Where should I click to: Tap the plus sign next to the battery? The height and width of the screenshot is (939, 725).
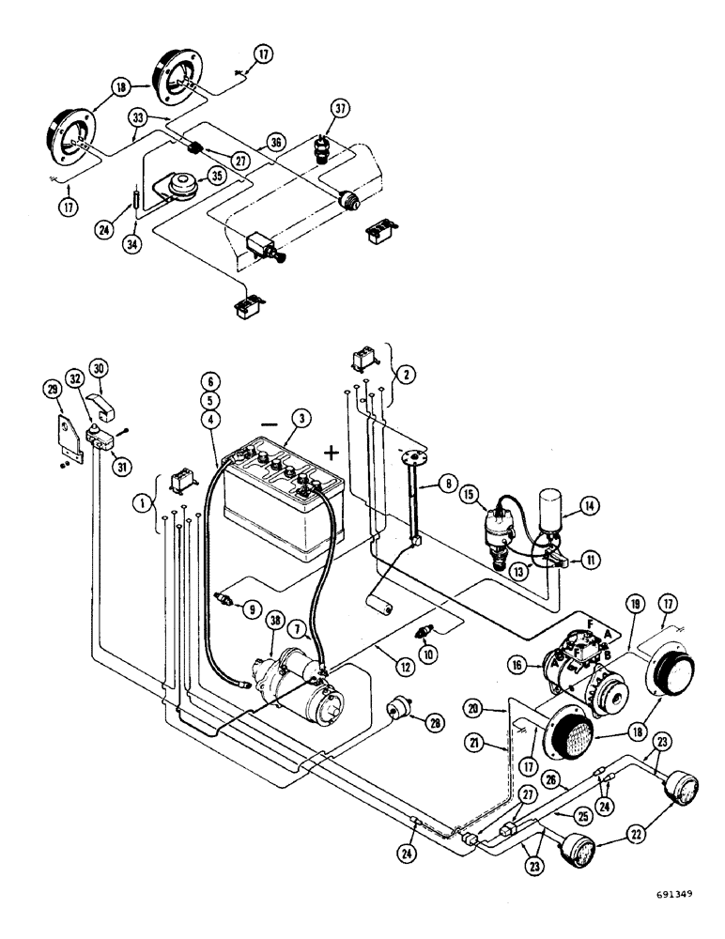click(331, 453)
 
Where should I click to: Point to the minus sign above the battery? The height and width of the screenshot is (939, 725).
click(270, 424)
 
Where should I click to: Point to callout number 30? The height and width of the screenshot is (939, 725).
click(98, 366)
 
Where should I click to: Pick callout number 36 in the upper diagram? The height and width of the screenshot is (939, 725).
click(276, 142)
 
